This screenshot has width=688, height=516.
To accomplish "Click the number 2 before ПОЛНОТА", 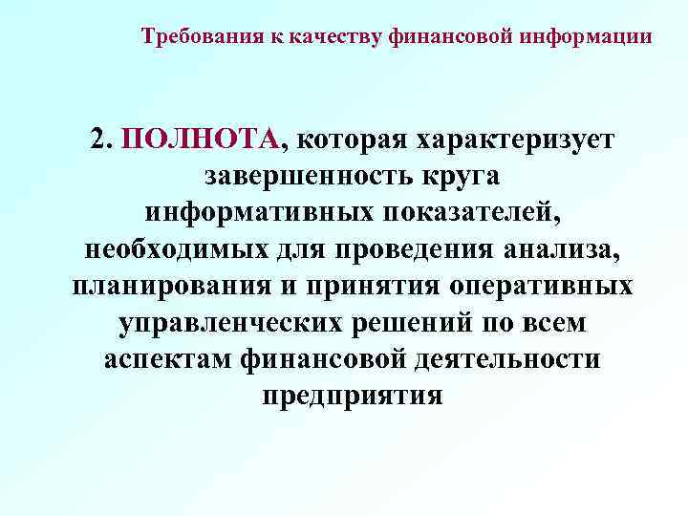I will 101,140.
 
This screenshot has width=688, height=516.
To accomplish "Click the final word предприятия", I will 352,395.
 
